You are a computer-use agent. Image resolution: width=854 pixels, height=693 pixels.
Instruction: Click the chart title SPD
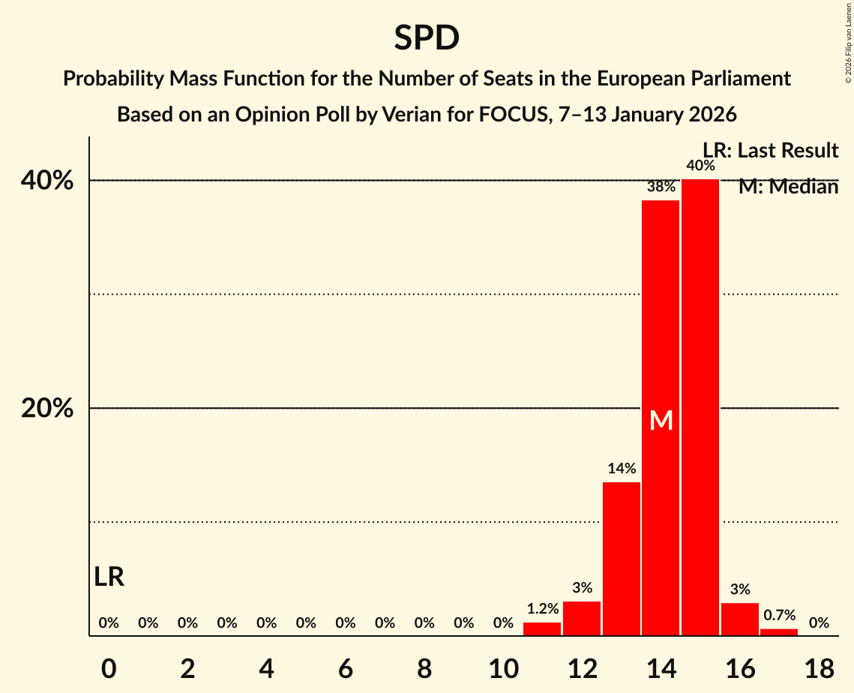click(x=426, y=38)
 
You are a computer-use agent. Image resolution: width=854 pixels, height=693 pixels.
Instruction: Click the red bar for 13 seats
click(x=622, y=559)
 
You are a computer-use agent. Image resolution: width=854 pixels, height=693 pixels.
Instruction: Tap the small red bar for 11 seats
click(x=542, y=629)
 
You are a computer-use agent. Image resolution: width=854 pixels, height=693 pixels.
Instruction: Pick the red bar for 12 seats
click(x=582, y=619)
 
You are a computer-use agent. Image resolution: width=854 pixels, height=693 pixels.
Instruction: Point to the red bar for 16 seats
click(x=740, y=619)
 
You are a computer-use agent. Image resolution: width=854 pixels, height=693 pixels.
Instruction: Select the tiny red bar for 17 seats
click(x=779, y=632)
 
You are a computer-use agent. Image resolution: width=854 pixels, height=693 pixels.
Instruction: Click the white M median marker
click(x=661, y=421)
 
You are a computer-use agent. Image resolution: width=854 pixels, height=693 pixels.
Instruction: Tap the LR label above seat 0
click(x=109, y=577)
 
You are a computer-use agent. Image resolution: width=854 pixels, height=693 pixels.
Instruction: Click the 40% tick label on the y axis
click(x=52, y=181)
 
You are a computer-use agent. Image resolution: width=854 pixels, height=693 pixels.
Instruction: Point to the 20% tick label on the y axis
click(x=52, y=409)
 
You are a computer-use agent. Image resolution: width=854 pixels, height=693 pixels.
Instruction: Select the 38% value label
click(x=661, y=187)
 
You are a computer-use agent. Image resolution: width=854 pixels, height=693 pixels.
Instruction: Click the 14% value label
click(x=622, y=469)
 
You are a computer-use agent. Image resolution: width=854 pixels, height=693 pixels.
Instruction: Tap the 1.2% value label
click(x=542, y=609)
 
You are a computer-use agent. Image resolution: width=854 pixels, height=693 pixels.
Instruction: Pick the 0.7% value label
click(x=779, y=616)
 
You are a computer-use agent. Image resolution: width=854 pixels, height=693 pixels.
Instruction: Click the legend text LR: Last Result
click(x=770, y=151)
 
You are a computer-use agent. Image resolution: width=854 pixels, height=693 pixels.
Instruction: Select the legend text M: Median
click(x=788, y=187)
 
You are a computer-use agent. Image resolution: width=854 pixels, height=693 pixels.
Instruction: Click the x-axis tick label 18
click(x=819, y=668)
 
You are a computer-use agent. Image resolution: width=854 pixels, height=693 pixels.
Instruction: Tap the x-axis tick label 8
click(x=424, y=668)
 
